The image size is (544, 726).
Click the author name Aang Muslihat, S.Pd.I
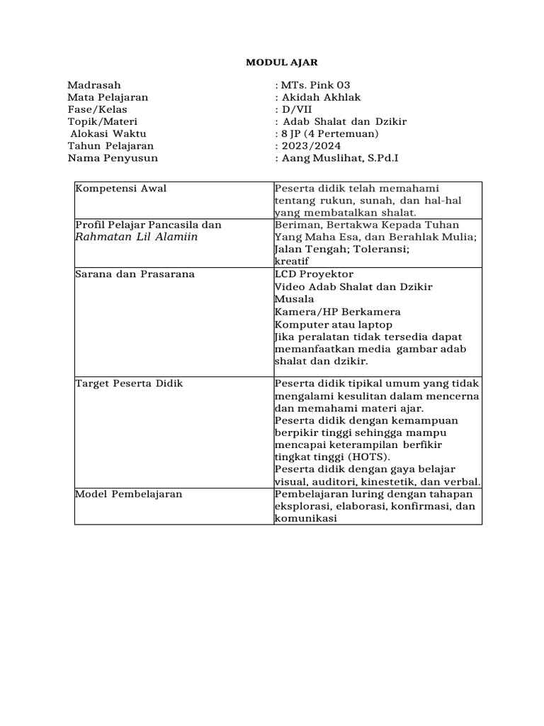pos(340,157)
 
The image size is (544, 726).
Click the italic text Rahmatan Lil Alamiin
pos(136,237)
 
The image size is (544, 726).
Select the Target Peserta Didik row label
pos(129,384)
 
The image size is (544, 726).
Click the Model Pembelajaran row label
pos(128,493)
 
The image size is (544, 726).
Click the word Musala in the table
pos(292,299)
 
